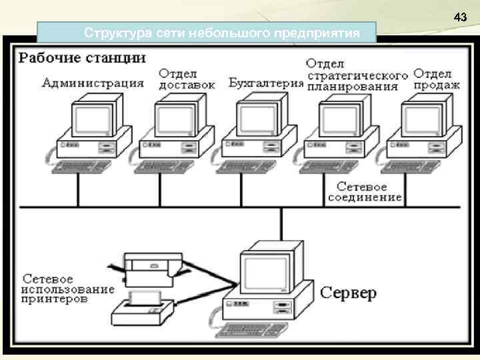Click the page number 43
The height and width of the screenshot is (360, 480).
pyautogui.click(x=459, y=16)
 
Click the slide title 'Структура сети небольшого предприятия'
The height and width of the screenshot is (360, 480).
pyautogui.click(x=207, y=31)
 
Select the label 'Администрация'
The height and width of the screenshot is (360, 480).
pyautogui.click(x=93, y=83)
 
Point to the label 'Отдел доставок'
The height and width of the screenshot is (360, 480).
pyautogui.click(x=187, y=78)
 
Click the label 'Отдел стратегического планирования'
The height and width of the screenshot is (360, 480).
pyautogui.click(x=357, y=75)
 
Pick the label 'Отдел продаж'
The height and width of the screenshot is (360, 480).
pyautogui.click(x=437, y=79)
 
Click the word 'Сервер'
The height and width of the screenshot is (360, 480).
pyautogui.click(x=349, y=292)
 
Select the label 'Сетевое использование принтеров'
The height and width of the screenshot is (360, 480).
pyautogui.click(x=67, y=289)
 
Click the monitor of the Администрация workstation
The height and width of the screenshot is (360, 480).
pyautogui.click(x=93, y=117)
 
